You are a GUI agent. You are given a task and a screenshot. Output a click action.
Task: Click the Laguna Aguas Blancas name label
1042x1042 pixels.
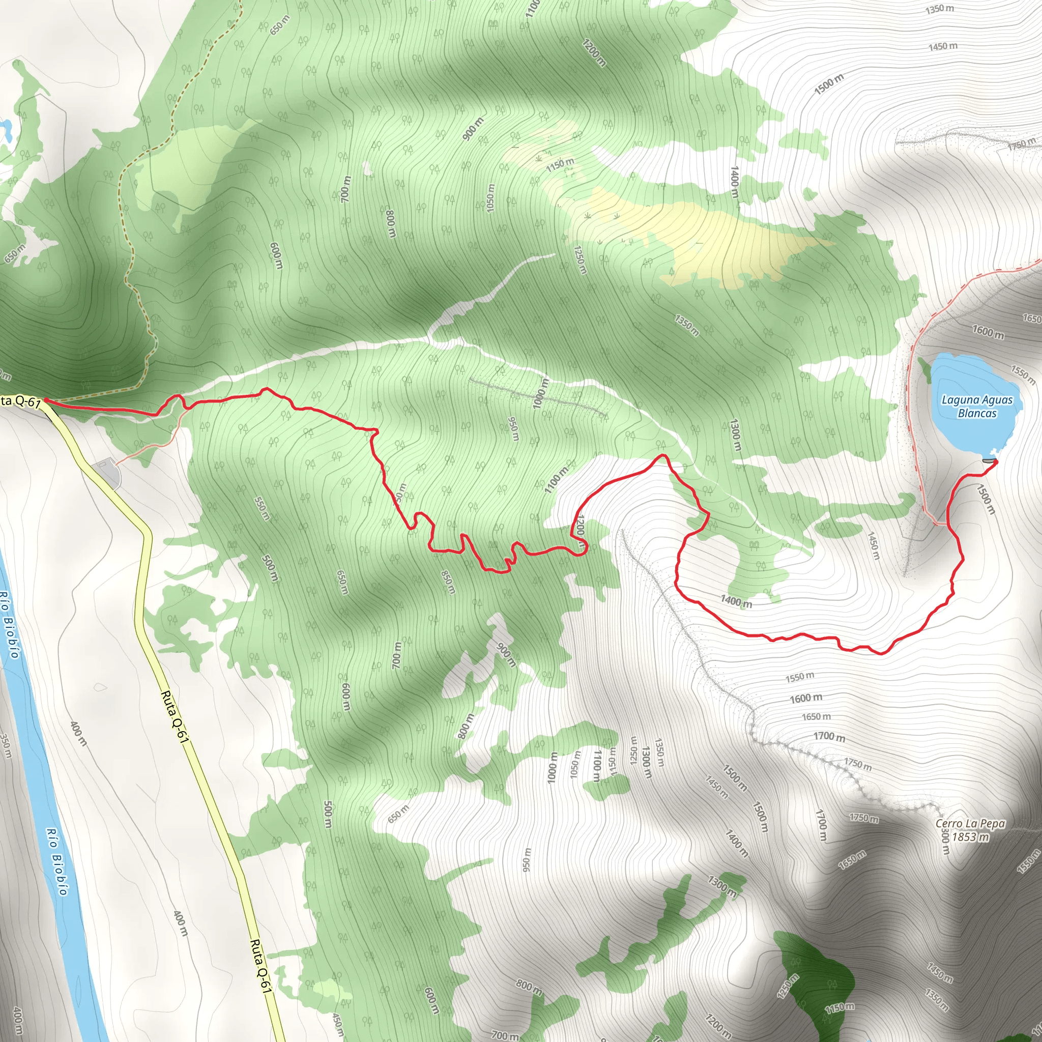click(x=977, y=407)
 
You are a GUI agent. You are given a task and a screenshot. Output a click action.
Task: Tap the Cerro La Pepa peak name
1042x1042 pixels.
click(x=970, y=824)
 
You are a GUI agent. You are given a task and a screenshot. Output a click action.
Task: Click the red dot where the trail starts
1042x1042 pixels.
click(x=46, y=399)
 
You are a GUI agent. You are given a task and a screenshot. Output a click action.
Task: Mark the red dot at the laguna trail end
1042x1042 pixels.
click(x=995, y=461)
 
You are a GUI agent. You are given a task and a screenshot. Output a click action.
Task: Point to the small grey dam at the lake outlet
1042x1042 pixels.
click(x=988, y=460)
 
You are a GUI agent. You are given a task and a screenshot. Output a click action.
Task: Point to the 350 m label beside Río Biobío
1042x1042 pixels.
click(x=6, y=746)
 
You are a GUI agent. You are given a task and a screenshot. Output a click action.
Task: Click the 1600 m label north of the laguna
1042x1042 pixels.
click(x=988, y=332)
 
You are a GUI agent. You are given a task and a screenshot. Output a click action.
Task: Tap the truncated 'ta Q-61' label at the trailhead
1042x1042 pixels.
click(x=20, y=402)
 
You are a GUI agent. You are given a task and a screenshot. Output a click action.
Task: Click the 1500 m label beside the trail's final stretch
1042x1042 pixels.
click(x=986, y=500)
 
